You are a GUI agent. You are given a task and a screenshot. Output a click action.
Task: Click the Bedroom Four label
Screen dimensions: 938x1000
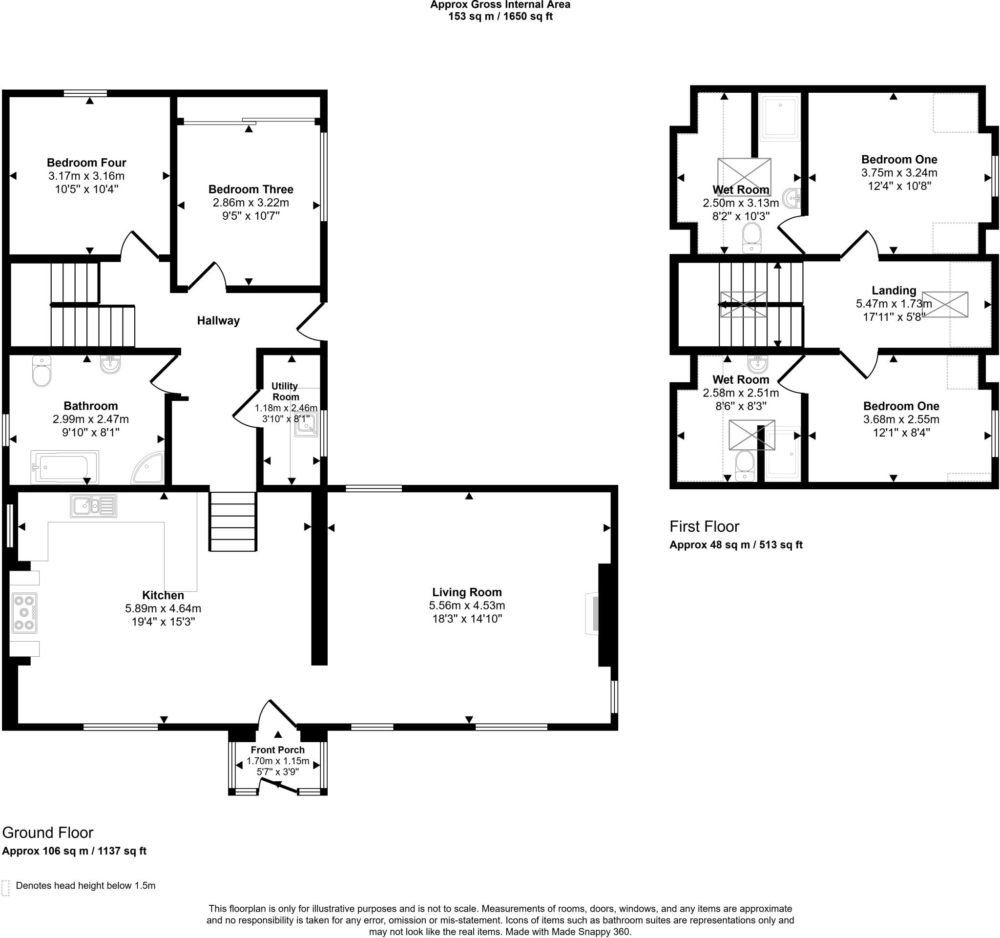(86, 163)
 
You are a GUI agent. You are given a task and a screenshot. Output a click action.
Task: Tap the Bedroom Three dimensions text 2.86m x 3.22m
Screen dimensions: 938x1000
(250, 203)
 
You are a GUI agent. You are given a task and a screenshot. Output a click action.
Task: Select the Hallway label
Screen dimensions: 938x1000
(218, 320)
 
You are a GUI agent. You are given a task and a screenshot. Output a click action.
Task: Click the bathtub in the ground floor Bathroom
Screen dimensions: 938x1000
(64, 467)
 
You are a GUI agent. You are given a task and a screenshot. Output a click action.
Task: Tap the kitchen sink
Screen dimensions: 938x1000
(94, 506)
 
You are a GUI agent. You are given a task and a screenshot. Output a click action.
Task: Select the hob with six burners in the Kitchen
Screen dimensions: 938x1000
(24, 613)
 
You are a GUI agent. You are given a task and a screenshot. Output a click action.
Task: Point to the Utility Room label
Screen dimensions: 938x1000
(285, 391)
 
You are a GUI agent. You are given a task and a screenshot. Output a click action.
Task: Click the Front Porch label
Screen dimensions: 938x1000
(278, 750)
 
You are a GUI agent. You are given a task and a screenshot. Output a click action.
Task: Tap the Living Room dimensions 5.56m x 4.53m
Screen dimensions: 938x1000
(467, 605)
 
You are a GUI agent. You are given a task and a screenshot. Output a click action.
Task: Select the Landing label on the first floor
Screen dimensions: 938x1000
(894, 290)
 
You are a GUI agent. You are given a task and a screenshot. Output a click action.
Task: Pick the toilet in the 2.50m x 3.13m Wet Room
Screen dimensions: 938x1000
(751, 238)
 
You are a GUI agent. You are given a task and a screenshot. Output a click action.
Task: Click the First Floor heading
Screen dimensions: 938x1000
(704, 526)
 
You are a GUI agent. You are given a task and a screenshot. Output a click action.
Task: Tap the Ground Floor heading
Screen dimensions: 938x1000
(48, 833)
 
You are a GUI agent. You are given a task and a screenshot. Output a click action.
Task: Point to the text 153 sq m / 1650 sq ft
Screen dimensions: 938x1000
(500, 17)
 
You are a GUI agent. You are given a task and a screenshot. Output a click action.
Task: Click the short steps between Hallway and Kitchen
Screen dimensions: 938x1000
(233, 521)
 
